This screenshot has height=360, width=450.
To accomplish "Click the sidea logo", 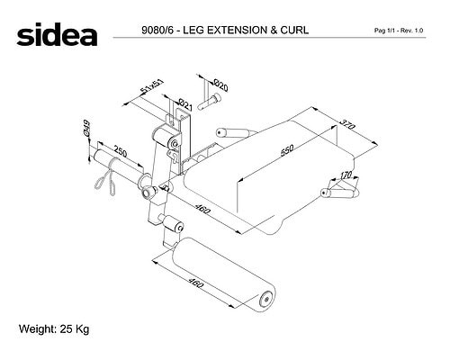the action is point(57,34).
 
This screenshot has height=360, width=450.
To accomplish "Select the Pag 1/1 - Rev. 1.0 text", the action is point(399,31).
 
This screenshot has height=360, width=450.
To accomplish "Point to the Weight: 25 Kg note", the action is point(54,329).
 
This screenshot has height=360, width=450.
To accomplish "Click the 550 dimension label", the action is point(287,150).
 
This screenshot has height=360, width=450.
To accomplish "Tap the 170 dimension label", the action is point(346,175).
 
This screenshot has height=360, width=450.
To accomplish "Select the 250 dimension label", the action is point(120,151).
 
